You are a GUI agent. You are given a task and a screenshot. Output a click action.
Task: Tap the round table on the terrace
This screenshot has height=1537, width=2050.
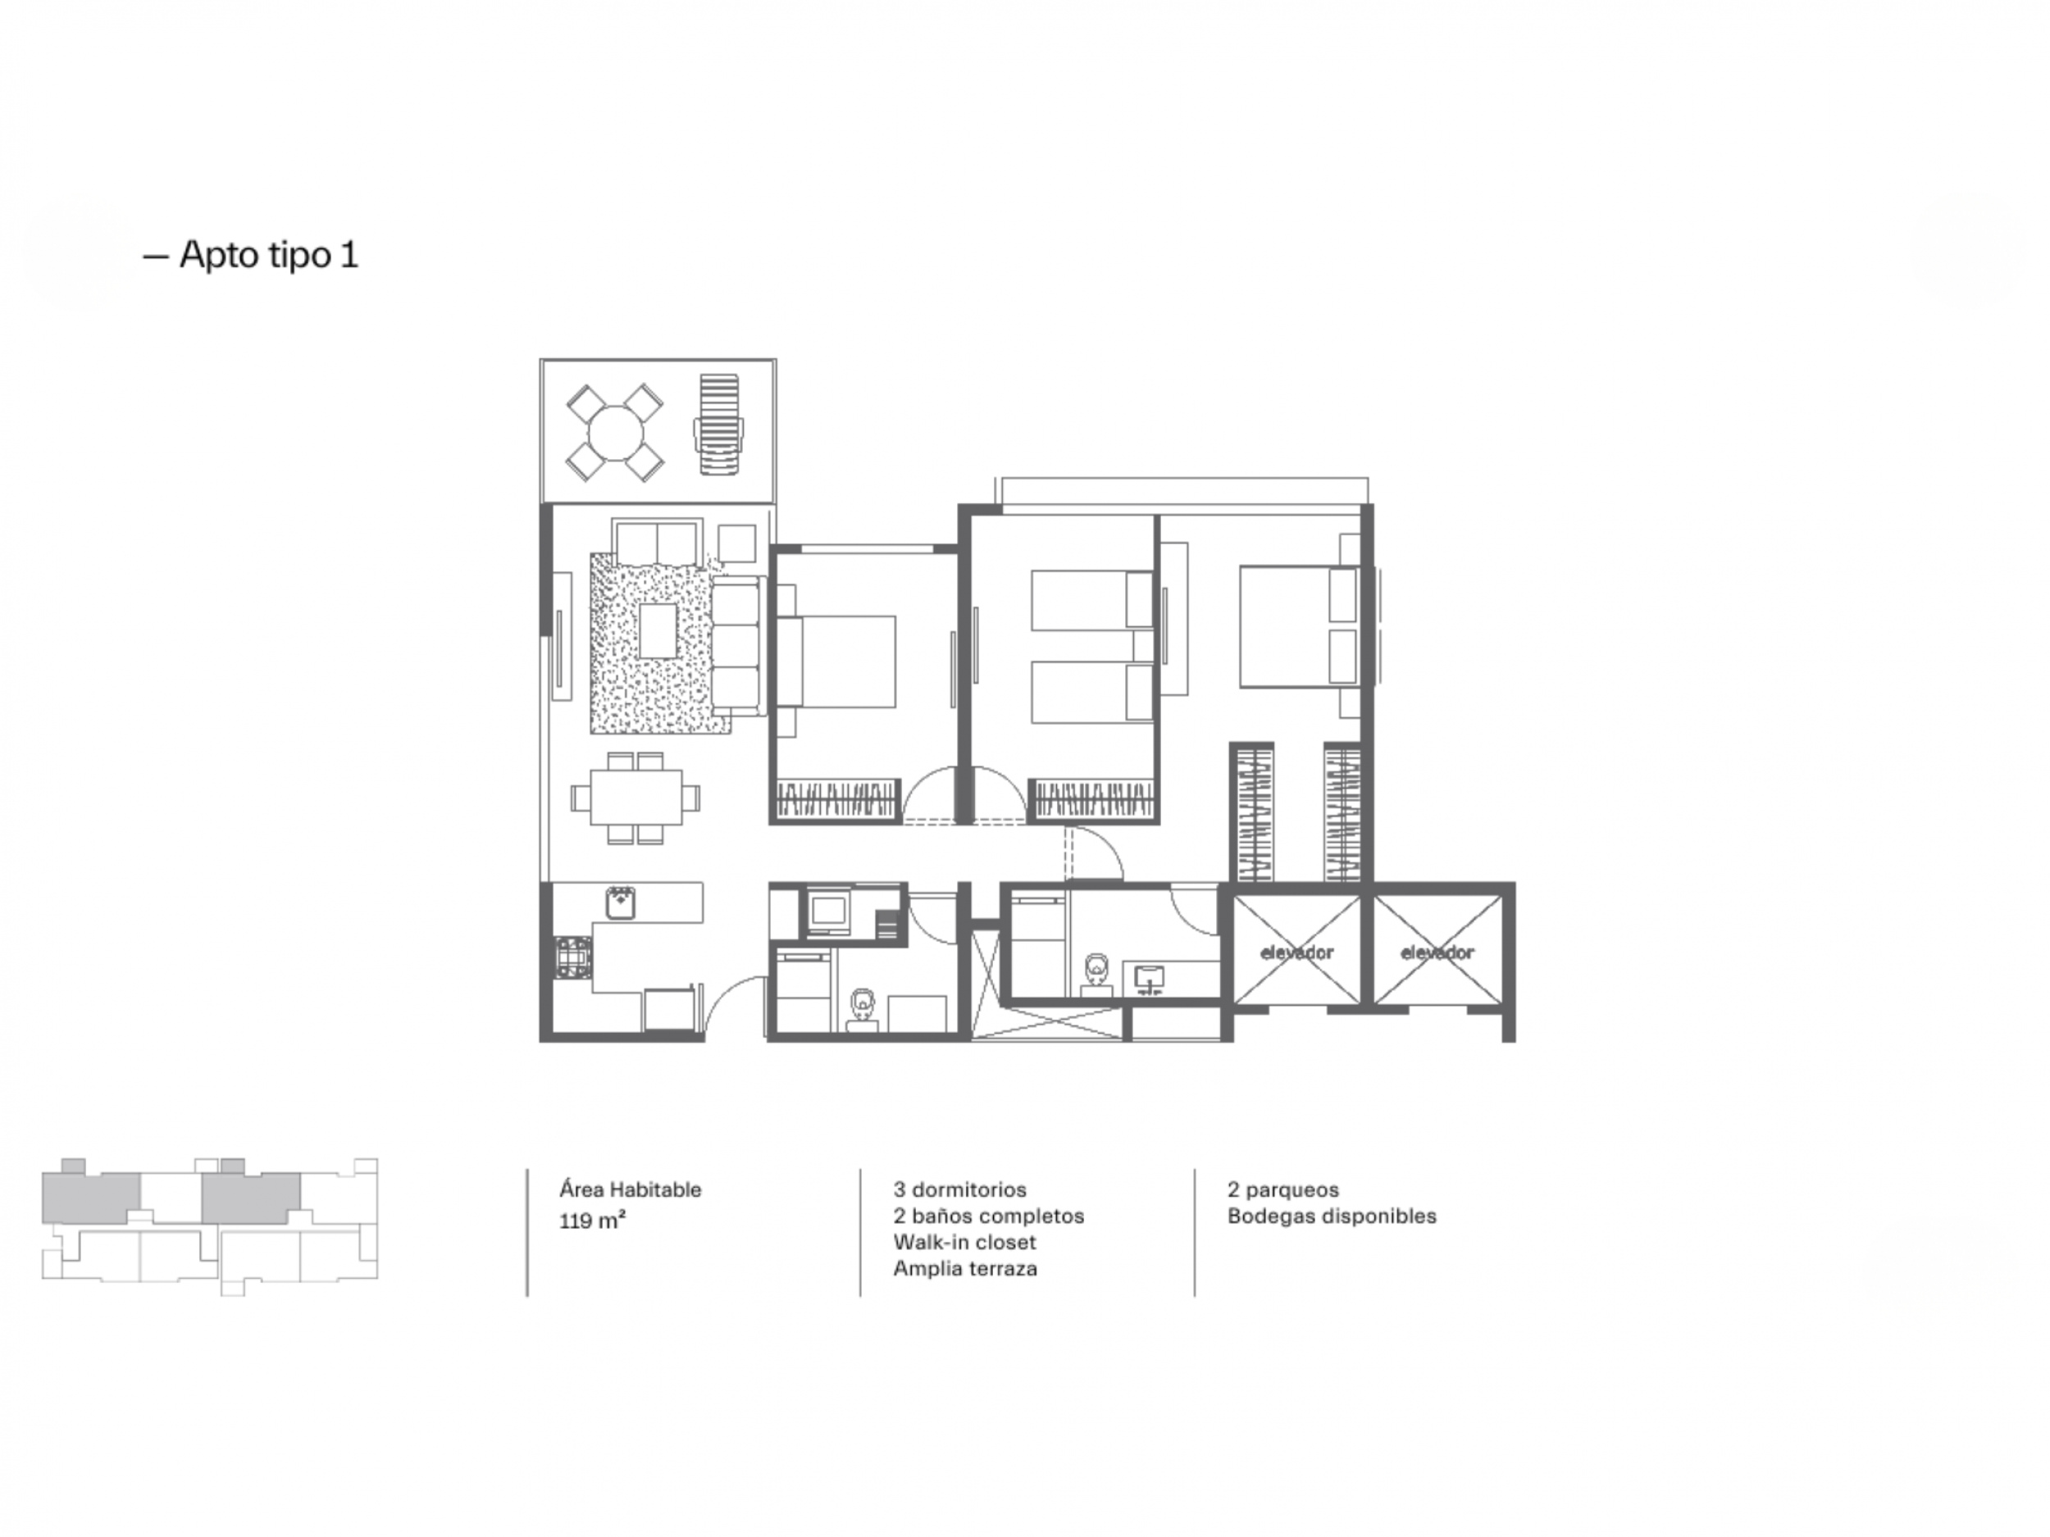pos(615,433)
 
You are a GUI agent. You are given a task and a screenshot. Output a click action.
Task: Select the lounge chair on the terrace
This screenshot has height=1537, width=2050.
pos(719,425)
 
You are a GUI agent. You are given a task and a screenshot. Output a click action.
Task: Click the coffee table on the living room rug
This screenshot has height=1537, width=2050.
pos(658,631)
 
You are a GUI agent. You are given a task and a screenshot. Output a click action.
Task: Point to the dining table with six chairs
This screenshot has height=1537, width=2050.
pos(635,798)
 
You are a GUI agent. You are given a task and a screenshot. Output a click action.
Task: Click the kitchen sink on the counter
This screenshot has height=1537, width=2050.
pos(621,903)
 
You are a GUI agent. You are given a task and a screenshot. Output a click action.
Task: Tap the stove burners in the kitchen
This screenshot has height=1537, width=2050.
pos(572,957)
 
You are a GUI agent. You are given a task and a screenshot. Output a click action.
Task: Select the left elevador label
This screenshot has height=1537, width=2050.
pos(1296,953)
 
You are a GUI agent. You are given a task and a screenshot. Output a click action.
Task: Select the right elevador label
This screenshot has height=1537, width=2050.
pos(1437,953)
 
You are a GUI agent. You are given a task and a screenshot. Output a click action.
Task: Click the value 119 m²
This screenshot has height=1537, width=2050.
pos(592,1220)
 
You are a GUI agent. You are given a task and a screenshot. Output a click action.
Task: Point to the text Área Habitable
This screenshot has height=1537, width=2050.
pos(631,1189)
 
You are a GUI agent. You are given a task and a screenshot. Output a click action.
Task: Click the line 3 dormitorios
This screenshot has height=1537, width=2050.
pos(960,1189)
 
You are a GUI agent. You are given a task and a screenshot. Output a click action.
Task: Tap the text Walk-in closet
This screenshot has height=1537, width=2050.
pos(965,1243)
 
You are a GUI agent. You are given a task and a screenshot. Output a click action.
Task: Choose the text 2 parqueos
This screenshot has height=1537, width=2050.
pos(1283,1190)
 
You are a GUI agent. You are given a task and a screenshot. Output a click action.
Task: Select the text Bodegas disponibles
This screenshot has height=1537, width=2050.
pos(1332,1216)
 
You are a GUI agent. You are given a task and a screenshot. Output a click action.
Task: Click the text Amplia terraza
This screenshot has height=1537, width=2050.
pos(966,1269)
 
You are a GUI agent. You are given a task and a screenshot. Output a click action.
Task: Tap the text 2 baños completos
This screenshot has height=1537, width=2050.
pos(989,1216)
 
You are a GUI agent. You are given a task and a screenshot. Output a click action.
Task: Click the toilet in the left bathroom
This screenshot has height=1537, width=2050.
pos(863,1008)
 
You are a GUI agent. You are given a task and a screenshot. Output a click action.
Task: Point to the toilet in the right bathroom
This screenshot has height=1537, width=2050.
pos(1097,974)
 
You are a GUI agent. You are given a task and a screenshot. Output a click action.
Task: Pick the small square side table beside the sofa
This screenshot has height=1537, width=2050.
pos(737,543)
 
